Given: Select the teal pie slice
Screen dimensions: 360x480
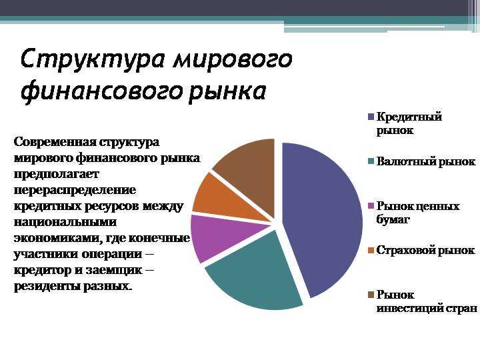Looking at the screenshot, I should (x=257, y=273).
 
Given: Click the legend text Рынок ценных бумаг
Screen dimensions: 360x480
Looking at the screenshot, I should (x=417, y=213).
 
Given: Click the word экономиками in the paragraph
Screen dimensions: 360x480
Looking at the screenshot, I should (x=53, y=238).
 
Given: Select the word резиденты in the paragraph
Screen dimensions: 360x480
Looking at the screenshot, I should (x=47, y=286).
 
